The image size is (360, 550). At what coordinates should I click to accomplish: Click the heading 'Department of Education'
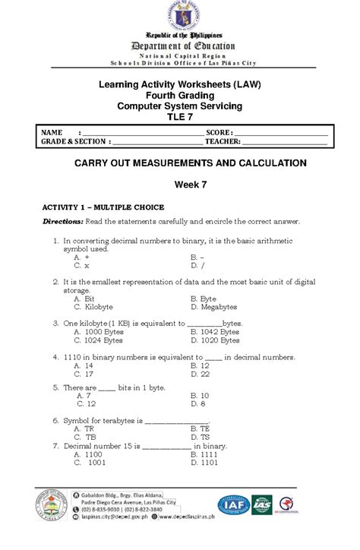179,46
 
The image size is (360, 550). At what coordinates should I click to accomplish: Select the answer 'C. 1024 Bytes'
97,340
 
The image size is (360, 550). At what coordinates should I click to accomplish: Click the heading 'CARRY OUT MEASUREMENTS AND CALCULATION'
179,163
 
